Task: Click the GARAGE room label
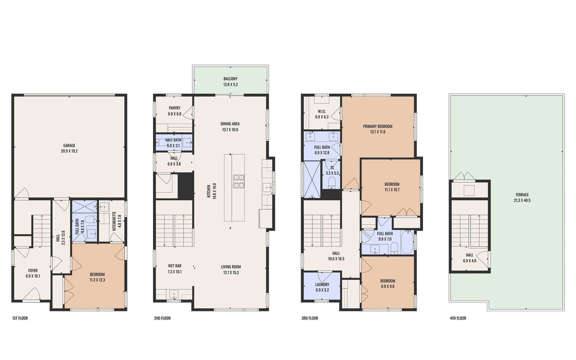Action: pos(69,145)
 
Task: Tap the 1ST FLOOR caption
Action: pos(20,318)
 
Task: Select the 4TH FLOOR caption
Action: pos(458,318)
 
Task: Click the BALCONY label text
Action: pos(230,79)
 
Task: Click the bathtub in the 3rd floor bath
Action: pos(407,242)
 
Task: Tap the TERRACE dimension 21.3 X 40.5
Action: pos(522,200)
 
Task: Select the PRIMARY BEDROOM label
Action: pos(378,126)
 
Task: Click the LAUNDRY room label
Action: pos(322,285)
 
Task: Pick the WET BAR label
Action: pos(175,265)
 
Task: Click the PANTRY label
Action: pos(175,108)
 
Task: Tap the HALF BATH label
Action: pos(173,140)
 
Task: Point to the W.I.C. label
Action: pos(322,111)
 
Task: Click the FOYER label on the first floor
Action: pos(33,270)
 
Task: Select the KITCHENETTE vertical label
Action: pos(114,221)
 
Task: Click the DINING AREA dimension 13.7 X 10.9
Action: pos(230,130)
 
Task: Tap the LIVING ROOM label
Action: pos(231,267)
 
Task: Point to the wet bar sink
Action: pos(174,294)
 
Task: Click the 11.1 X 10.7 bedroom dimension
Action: pos(392,190)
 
